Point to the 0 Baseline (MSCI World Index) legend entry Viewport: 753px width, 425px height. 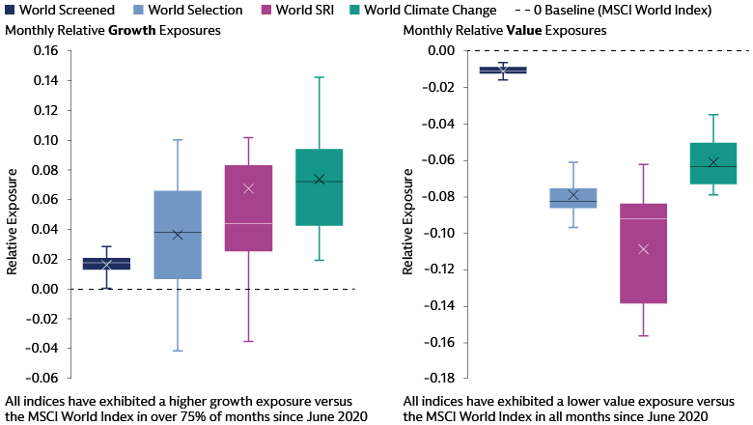pyautogui.click(x=628, y=10)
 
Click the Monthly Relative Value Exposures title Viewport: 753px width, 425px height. pyautogui.click(x=504, y=30)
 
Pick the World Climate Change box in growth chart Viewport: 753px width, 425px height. pyautogui.click(x=320, y=187)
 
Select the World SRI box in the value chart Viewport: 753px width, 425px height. pyautogui.click(x=644, y=253)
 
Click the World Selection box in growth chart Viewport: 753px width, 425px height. pyautogui.click(x=178, y=235)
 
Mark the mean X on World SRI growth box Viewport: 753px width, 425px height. pyautogui.click(x=248, y=188)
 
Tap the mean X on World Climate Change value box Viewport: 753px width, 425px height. pyautogui.click(x=713, y=162)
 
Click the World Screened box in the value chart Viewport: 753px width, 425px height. pyautogui.click(x=503, y=71)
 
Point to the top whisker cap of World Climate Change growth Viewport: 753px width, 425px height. pyautogui.click(x=320, y=77)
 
